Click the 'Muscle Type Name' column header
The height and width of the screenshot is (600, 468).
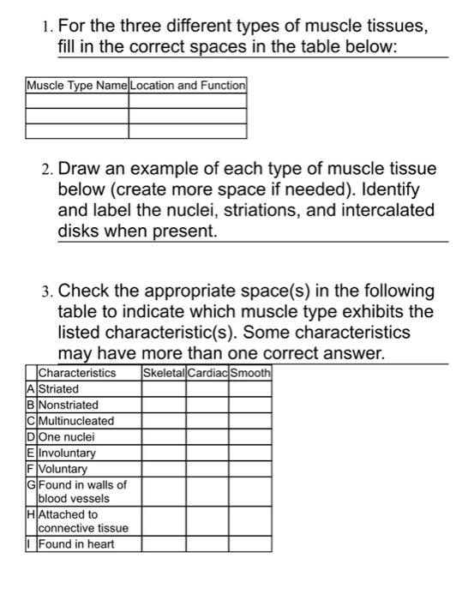(77, 86)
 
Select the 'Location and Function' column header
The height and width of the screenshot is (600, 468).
(188, 86)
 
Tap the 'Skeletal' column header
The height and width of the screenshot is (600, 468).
(164, 373)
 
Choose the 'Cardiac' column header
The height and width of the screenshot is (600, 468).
(207, 373)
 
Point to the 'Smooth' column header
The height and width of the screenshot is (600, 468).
(250, 373)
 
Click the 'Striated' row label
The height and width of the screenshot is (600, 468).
(58, 389)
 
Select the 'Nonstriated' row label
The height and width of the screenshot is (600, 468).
(69, 405)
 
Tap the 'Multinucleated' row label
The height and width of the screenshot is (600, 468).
(76, 421)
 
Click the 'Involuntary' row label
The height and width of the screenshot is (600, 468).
(68, 453)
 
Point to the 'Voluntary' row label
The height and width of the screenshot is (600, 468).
(63, 469)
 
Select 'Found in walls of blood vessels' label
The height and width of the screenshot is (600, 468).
(82, 491)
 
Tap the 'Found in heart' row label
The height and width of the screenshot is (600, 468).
(76, 543)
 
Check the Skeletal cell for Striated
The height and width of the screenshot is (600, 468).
(164, 389)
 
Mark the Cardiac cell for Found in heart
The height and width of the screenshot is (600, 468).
(207, 543)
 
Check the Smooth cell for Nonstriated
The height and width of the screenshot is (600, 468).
(250, 405)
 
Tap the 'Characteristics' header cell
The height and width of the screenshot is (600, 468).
(77, 373)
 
